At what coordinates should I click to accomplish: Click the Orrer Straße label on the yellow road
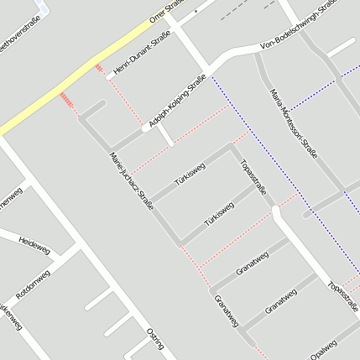pyautogui.click(x=166, y=10)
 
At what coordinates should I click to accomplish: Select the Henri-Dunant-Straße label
pyautogui.click(x=141, y=55)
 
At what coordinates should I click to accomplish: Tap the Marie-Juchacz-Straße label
pyautogui.click(x=132, y=180)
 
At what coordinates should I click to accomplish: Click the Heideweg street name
pyautogui.click(x=34, y=243)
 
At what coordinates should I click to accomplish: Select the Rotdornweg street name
pyautogui.click(x=34, y=284)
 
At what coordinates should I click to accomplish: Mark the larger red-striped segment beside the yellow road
pyautogui.click(x=68, y=102)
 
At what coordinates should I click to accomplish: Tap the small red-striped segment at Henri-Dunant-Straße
pyautogui.click(x=99, y=68)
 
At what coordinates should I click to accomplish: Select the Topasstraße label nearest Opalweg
pyautogui.click(x=343, y=295)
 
